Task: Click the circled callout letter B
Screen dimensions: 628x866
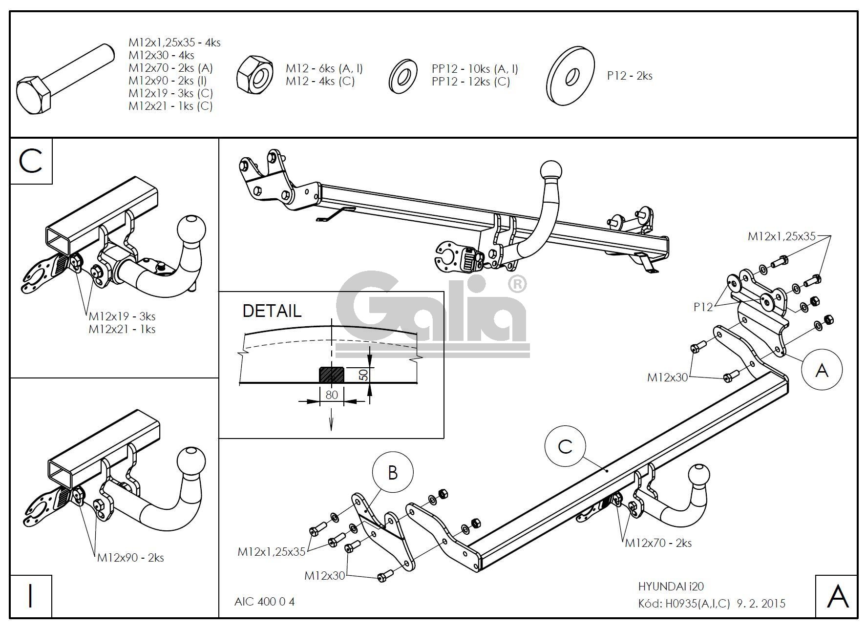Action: [393, 473]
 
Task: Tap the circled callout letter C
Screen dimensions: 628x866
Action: [565, 446]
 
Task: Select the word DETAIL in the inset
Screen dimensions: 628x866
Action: [272, 311]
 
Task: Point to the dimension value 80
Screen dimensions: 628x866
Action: [332, 395]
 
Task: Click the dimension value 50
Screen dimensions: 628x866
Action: [364, 375]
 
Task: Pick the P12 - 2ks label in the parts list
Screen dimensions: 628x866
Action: [630, 76]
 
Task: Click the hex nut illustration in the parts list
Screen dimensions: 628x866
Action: [254, 75]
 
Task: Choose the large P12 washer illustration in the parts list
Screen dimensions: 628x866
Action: [570, 76]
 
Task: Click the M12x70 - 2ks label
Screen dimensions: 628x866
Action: [658, 543]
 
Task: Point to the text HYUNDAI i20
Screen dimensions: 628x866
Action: [671, 586]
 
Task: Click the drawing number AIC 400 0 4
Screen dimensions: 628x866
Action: [264, 601]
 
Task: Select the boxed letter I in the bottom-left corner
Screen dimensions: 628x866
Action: [31, 596]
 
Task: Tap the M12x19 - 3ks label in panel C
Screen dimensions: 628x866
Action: [122, 316]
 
